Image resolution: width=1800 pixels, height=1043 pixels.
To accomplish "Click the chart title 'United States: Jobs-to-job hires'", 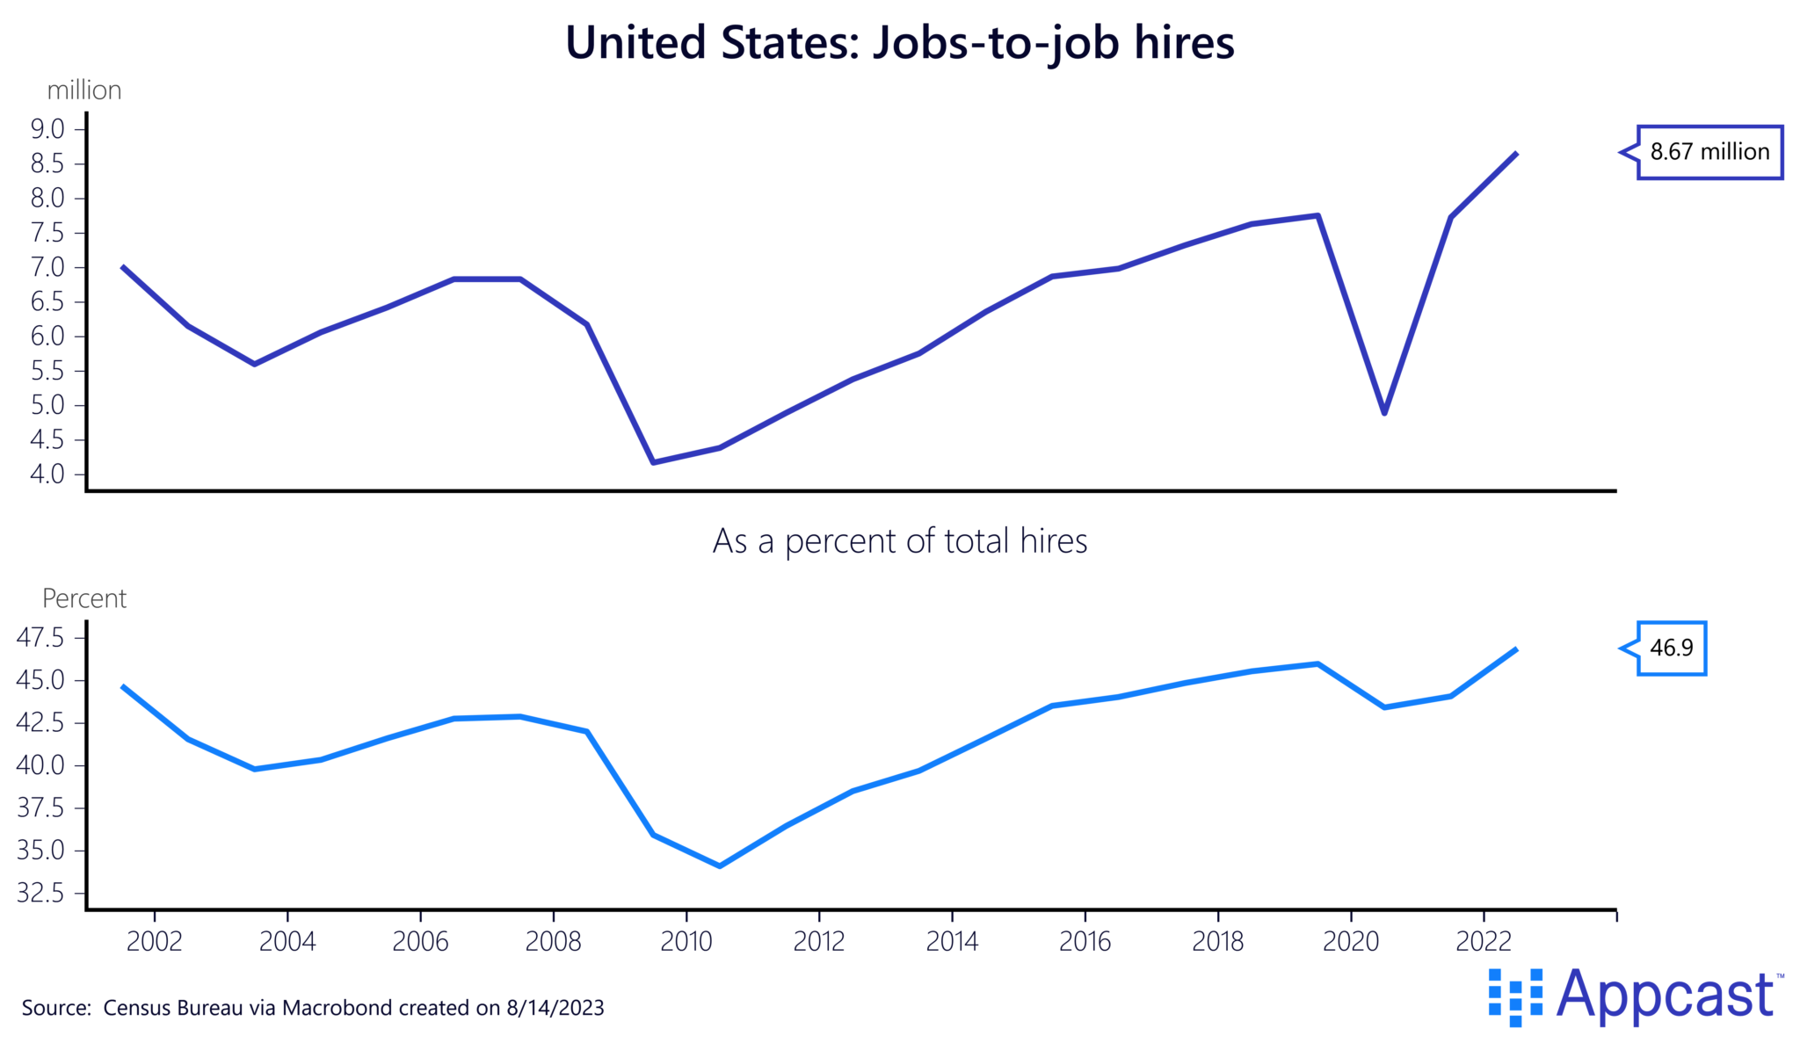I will [x=899, y=42].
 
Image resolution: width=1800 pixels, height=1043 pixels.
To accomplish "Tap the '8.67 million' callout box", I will [x=1709, y=152].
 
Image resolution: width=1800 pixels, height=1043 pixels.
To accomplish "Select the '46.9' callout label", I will [x=1671, y=648].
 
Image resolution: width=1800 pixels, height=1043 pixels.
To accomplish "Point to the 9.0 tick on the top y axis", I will [x=48, y=129].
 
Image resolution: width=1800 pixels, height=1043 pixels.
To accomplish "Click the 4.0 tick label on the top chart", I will [x=48, y=474].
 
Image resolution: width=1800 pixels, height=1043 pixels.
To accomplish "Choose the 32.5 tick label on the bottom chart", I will [x=41, y=894].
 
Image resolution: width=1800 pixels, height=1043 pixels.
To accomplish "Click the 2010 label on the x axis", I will [x=686, y=942].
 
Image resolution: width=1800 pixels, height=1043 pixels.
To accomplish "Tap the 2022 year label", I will [x=1484, y=942].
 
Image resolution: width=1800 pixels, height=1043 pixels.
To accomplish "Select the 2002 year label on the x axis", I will [x=154, y=942].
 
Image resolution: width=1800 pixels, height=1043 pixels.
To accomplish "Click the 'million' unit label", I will [x=84, y=91].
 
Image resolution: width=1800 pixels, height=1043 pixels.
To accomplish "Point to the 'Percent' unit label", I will [x=84, y=599].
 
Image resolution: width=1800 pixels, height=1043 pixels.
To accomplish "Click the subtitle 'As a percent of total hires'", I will [x=899, y=541].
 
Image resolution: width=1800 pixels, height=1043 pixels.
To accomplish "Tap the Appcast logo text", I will [x=1665, y=995].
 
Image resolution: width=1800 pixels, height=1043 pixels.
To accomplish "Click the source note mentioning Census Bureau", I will [x=313, y=1008].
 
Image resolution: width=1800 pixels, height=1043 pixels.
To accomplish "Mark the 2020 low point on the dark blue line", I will [x=1384, y=412].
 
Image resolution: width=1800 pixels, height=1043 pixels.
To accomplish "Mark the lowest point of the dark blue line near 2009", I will [x=653, y=462].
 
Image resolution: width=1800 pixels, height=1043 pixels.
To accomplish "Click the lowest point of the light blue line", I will [x=720, y=866].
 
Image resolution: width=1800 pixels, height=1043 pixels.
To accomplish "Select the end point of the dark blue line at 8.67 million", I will [x=1516, y=154].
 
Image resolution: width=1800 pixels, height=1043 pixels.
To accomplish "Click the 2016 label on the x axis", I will [x=1085, y=942].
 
